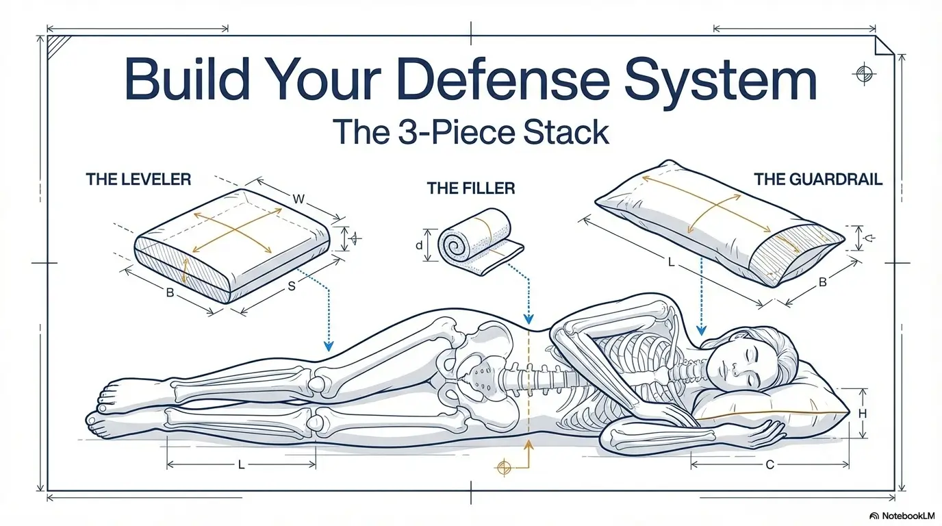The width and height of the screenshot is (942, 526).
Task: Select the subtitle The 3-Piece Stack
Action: point(470,131)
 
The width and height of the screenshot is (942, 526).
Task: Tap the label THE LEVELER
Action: point(138,179)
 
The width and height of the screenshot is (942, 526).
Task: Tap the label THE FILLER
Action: point(471,188)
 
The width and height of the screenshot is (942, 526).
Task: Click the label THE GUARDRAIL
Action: point(818,179)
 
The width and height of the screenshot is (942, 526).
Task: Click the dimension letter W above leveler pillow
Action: point(298,199)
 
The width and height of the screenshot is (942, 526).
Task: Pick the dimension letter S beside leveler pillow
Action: point(291,286)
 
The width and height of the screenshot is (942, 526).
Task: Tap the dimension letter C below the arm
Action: point(769,465)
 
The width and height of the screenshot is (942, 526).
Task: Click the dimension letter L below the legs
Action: point(241,465)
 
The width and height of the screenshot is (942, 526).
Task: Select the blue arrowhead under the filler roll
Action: point(528,319)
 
